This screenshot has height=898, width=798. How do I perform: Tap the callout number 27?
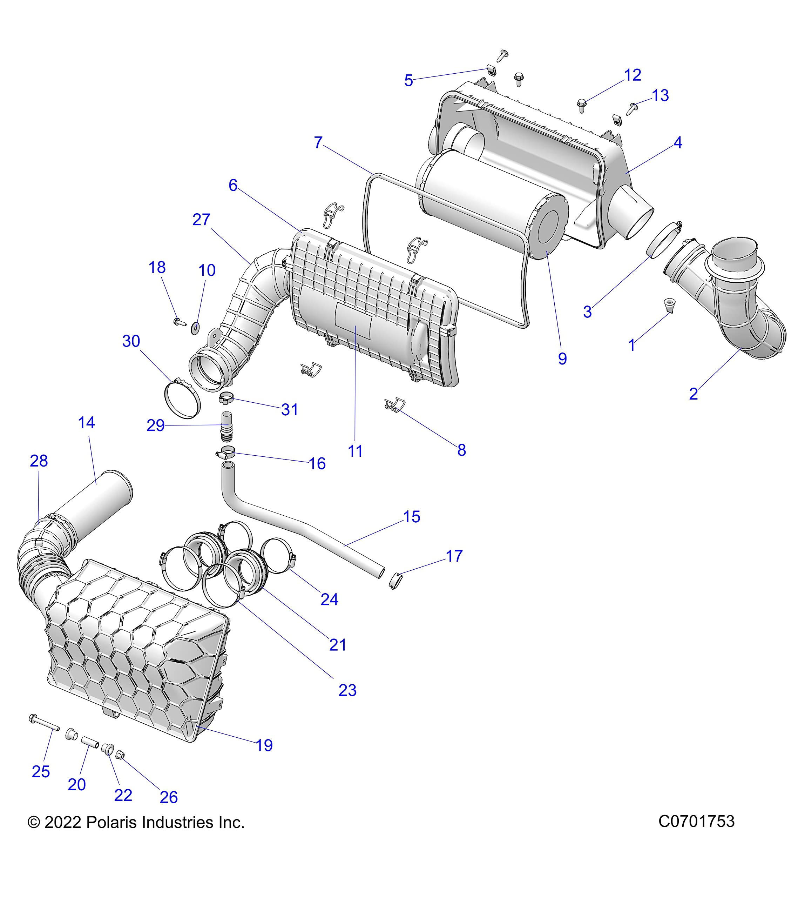[201, 220]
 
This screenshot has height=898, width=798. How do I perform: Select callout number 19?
[264, 745]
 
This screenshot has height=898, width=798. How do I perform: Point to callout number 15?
[412, 517]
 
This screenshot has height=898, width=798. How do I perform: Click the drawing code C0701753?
[696, 821]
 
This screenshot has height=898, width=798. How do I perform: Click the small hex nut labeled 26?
[120, 755]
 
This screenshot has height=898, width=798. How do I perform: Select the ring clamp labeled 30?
[182, 399]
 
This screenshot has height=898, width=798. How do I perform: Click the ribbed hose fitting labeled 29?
[226, 426]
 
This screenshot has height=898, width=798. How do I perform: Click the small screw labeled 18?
[179, 322]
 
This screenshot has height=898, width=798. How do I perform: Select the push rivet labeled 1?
[669, 304]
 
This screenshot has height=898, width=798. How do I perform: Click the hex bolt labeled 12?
[581, 105]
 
